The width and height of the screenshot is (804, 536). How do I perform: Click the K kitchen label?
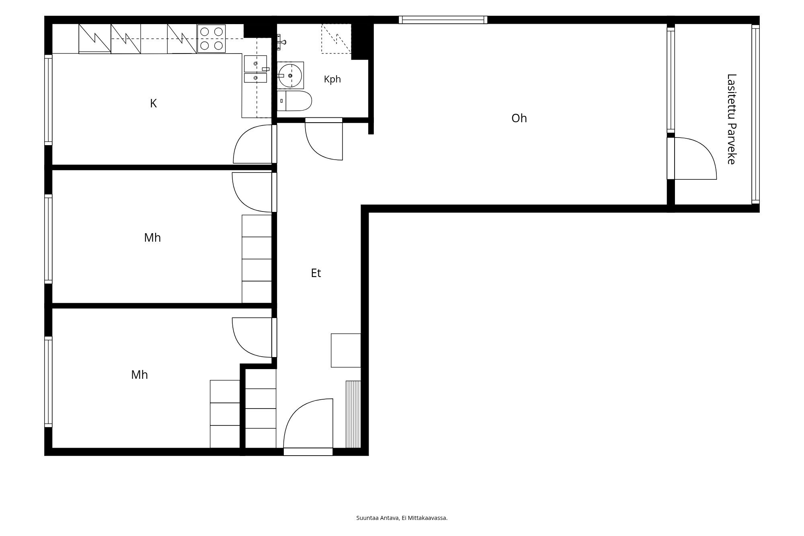pyautogui.click(x=153, y=104)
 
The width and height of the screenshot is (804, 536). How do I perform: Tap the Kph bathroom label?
pyautogui.click(x=332, y=79)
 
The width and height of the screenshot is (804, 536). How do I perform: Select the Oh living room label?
pyautogui.click(x=519, y=118)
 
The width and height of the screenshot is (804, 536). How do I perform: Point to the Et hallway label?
pyautogui.click(x=316, y=273)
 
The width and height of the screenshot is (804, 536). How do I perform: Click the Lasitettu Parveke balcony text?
pyautogui.click(x=731, y=119)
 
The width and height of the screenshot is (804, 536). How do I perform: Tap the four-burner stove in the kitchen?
pyautogui.click(x=211, y=39)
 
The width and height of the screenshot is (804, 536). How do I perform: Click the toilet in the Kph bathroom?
pyautogui.click(x=294, y=101)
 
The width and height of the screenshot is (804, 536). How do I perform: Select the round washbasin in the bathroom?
pyautogui.click(x=290, y=75)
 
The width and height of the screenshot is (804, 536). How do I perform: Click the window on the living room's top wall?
pyautogui.click(x=443, y=20)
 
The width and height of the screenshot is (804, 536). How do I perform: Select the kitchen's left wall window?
pyautogui.click(x=48, y=100)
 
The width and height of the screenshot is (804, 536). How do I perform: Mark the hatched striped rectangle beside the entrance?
pyautogui.click(x=353, y=414)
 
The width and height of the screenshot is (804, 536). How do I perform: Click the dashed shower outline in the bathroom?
pyautogui.click(x=336, y=39)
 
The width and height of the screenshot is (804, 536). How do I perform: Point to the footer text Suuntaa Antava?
pyautogui.click(x=377, y=518)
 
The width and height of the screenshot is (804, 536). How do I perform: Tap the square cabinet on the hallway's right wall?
pyautogui.click(x=346, y=350)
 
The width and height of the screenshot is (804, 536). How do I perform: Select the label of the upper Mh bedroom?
pyautogui.click(x=152, y=238)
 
